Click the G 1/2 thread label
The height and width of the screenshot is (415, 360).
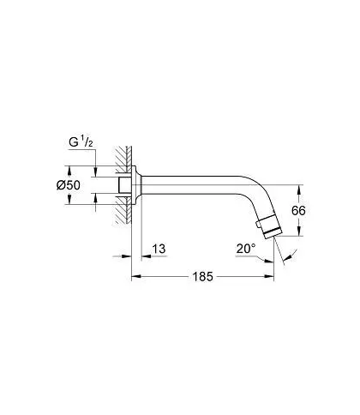(81, 142)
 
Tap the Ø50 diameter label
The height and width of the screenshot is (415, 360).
(69, 185)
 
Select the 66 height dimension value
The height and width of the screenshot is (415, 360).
(298, 211)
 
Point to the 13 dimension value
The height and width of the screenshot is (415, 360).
(159, 249)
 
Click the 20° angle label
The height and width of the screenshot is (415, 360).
(246, 249)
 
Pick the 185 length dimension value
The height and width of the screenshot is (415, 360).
(202, 276)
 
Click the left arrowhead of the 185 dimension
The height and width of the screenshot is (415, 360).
(135, 276)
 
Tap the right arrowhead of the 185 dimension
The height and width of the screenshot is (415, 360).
(269, 276)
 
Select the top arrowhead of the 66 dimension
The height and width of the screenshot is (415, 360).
(298, 189)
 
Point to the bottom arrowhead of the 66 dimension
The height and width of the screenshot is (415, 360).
(298, 232)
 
